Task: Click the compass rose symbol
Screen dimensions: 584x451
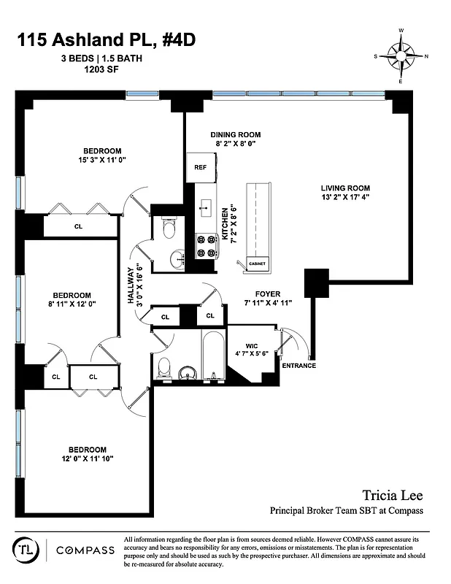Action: (401, 55)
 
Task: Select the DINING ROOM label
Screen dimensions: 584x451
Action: (235, 135)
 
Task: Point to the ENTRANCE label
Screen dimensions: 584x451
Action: (298, 365)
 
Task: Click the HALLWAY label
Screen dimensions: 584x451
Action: (132, 291)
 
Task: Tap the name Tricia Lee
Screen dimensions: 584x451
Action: (393, 496)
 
